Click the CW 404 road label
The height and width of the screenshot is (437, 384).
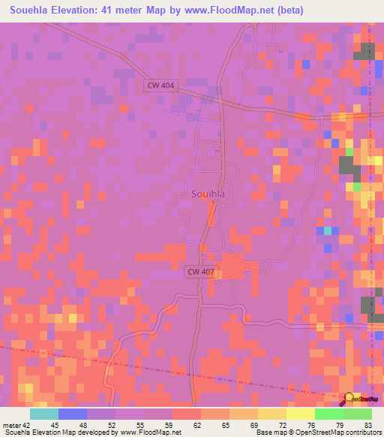[160, 86]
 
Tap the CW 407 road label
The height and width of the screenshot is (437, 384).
[199, 272]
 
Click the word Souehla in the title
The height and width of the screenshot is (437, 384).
[32, 11]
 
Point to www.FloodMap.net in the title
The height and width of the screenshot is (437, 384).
[224, 11]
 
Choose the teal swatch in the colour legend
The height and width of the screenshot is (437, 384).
[43, 414]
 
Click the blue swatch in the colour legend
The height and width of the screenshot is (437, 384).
[72, 414]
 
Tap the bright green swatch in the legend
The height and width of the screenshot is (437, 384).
[328, 414]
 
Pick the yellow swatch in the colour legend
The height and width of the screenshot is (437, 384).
[300, 414]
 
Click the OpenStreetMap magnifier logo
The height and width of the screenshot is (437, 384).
[349, 398]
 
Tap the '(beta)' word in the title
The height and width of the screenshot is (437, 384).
[288, 11]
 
